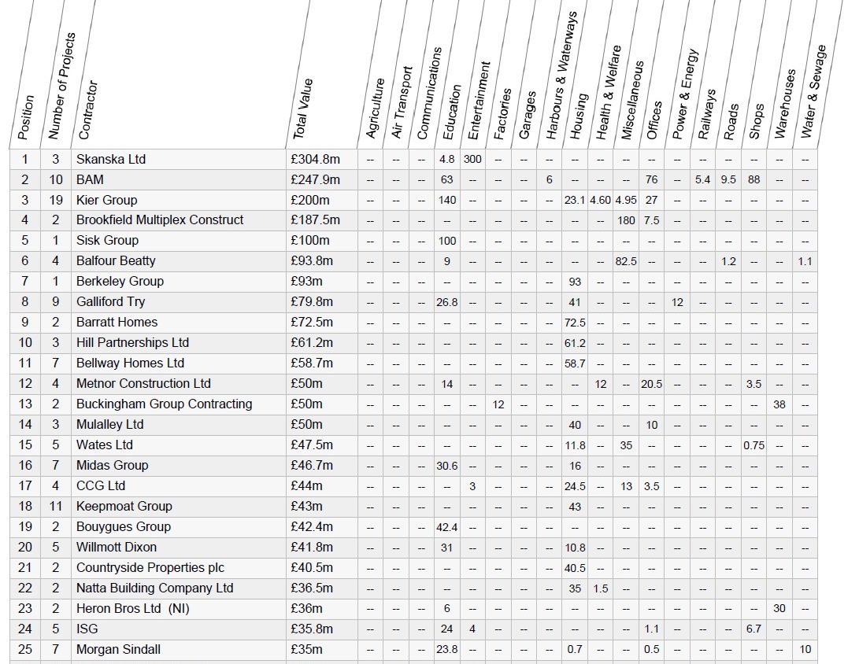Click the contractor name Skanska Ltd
click(111, 160)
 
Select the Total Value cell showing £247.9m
click(315, 180)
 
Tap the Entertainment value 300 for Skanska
click(472, 160)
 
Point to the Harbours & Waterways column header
click(561, 76)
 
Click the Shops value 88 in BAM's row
click(754, 180)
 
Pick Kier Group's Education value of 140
click(447, 201)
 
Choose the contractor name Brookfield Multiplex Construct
click(160, 220)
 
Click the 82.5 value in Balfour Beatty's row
click(626, 261)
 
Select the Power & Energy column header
click(685, 94)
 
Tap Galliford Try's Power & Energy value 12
click(678, 303)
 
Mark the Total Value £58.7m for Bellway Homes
click(312, 363)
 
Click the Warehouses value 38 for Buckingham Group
click(779, 404)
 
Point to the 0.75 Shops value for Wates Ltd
click(754, 446)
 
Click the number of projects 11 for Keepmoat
click(56, 507)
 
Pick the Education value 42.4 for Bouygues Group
click(447, 527)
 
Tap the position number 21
click(25, 568)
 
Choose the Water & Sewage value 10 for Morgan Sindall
click(805, 650)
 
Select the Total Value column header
click(303, 109)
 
